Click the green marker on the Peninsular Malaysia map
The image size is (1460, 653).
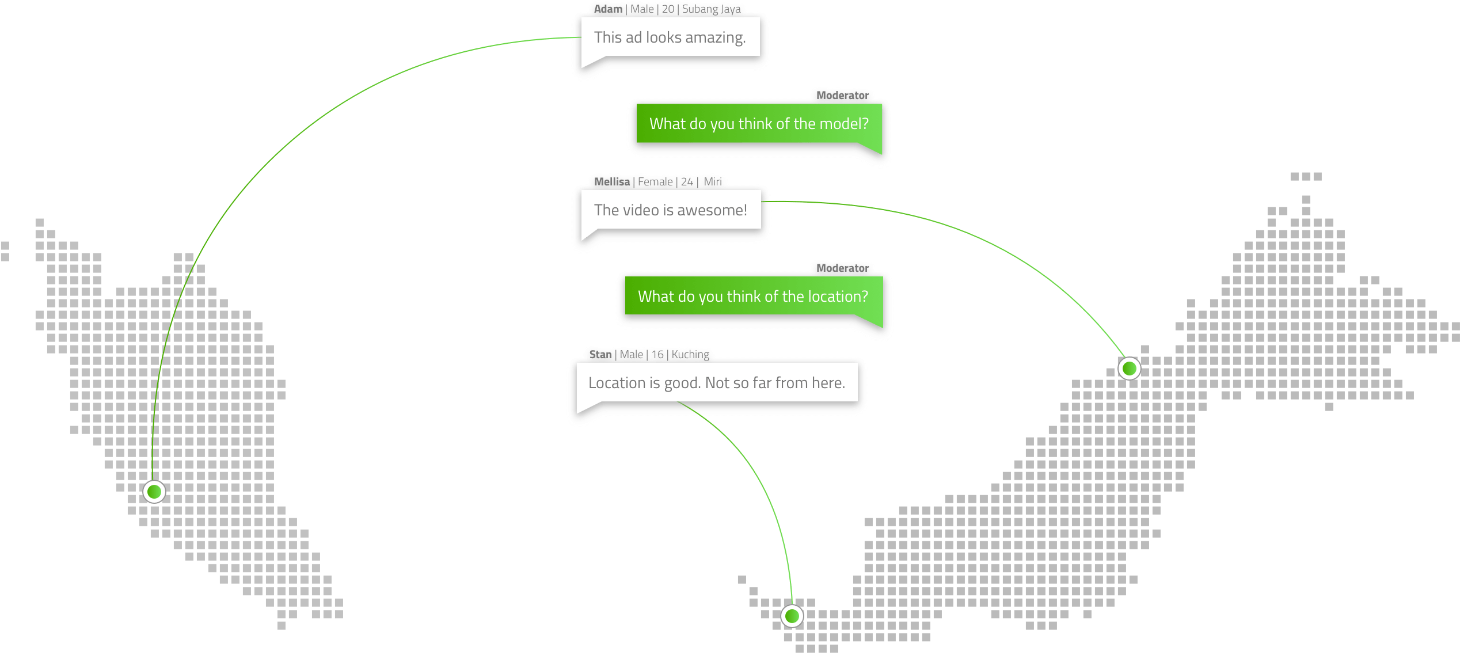pos(154,492)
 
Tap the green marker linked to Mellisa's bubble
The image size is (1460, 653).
pos(1129,368)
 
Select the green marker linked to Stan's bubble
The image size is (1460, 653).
pos(792,616)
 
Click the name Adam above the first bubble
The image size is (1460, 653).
pos(608,9)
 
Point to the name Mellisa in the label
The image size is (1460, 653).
pos(611,182)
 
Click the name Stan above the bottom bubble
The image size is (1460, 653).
pos(600,355)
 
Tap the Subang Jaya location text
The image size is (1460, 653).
pos(712,9)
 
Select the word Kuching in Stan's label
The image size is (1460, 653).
pos(690,355)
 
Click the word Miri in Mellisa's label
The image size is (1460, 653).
pos(713,182)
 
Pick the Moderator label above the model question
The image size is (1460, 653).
pos(842,96)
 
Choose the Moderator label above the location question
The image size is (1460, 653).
pos(842,268)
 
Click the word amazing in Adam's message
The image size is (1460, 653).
pos(716,38)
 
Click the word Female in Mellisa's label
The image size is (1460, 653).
pos(655,182)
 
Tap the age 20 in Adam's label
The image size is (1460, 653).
pos(668,9)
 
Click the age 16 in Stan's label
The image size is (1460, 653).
pos(657,355)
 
